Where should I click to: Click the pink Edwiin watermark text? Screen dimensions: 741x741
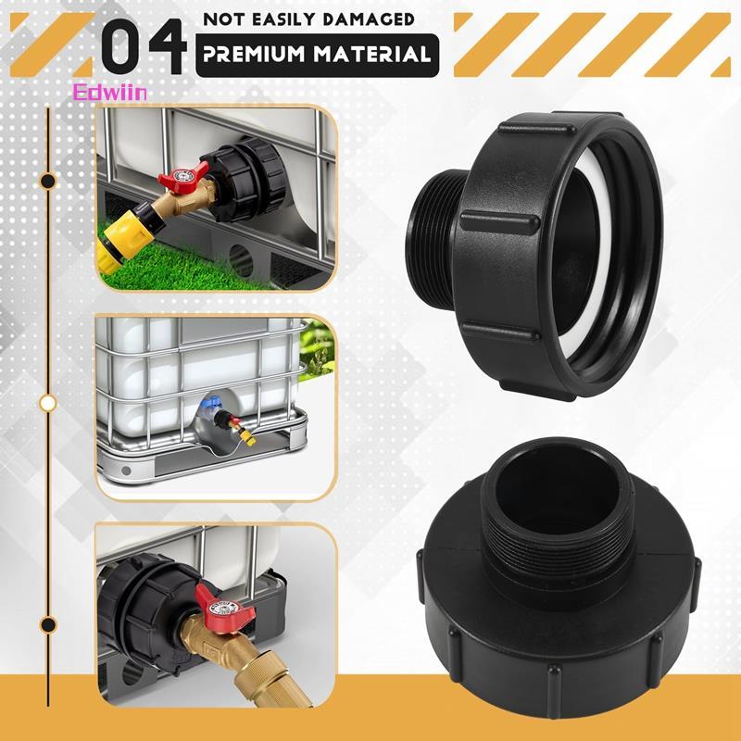(109, 93)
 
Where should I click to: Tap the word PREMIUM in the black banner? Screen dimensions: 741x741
(254, 54)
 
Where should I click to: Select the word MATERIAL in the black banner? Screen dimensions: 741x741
(373, 54)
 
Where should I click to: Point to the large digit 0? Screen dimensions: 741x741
(120, 45)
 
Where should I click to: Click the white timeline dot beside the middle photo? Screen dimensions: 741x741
(48, 403)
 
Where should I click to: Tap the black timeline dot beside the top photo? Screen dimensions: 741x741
(48, 181)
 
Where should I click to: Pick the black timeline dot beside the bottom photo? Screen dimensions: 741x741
(48, 624)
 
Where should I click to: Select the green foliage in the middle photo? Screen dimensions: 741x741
(317, 350)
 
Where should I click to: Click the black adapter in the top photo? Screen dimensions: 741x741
(244, 180)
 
